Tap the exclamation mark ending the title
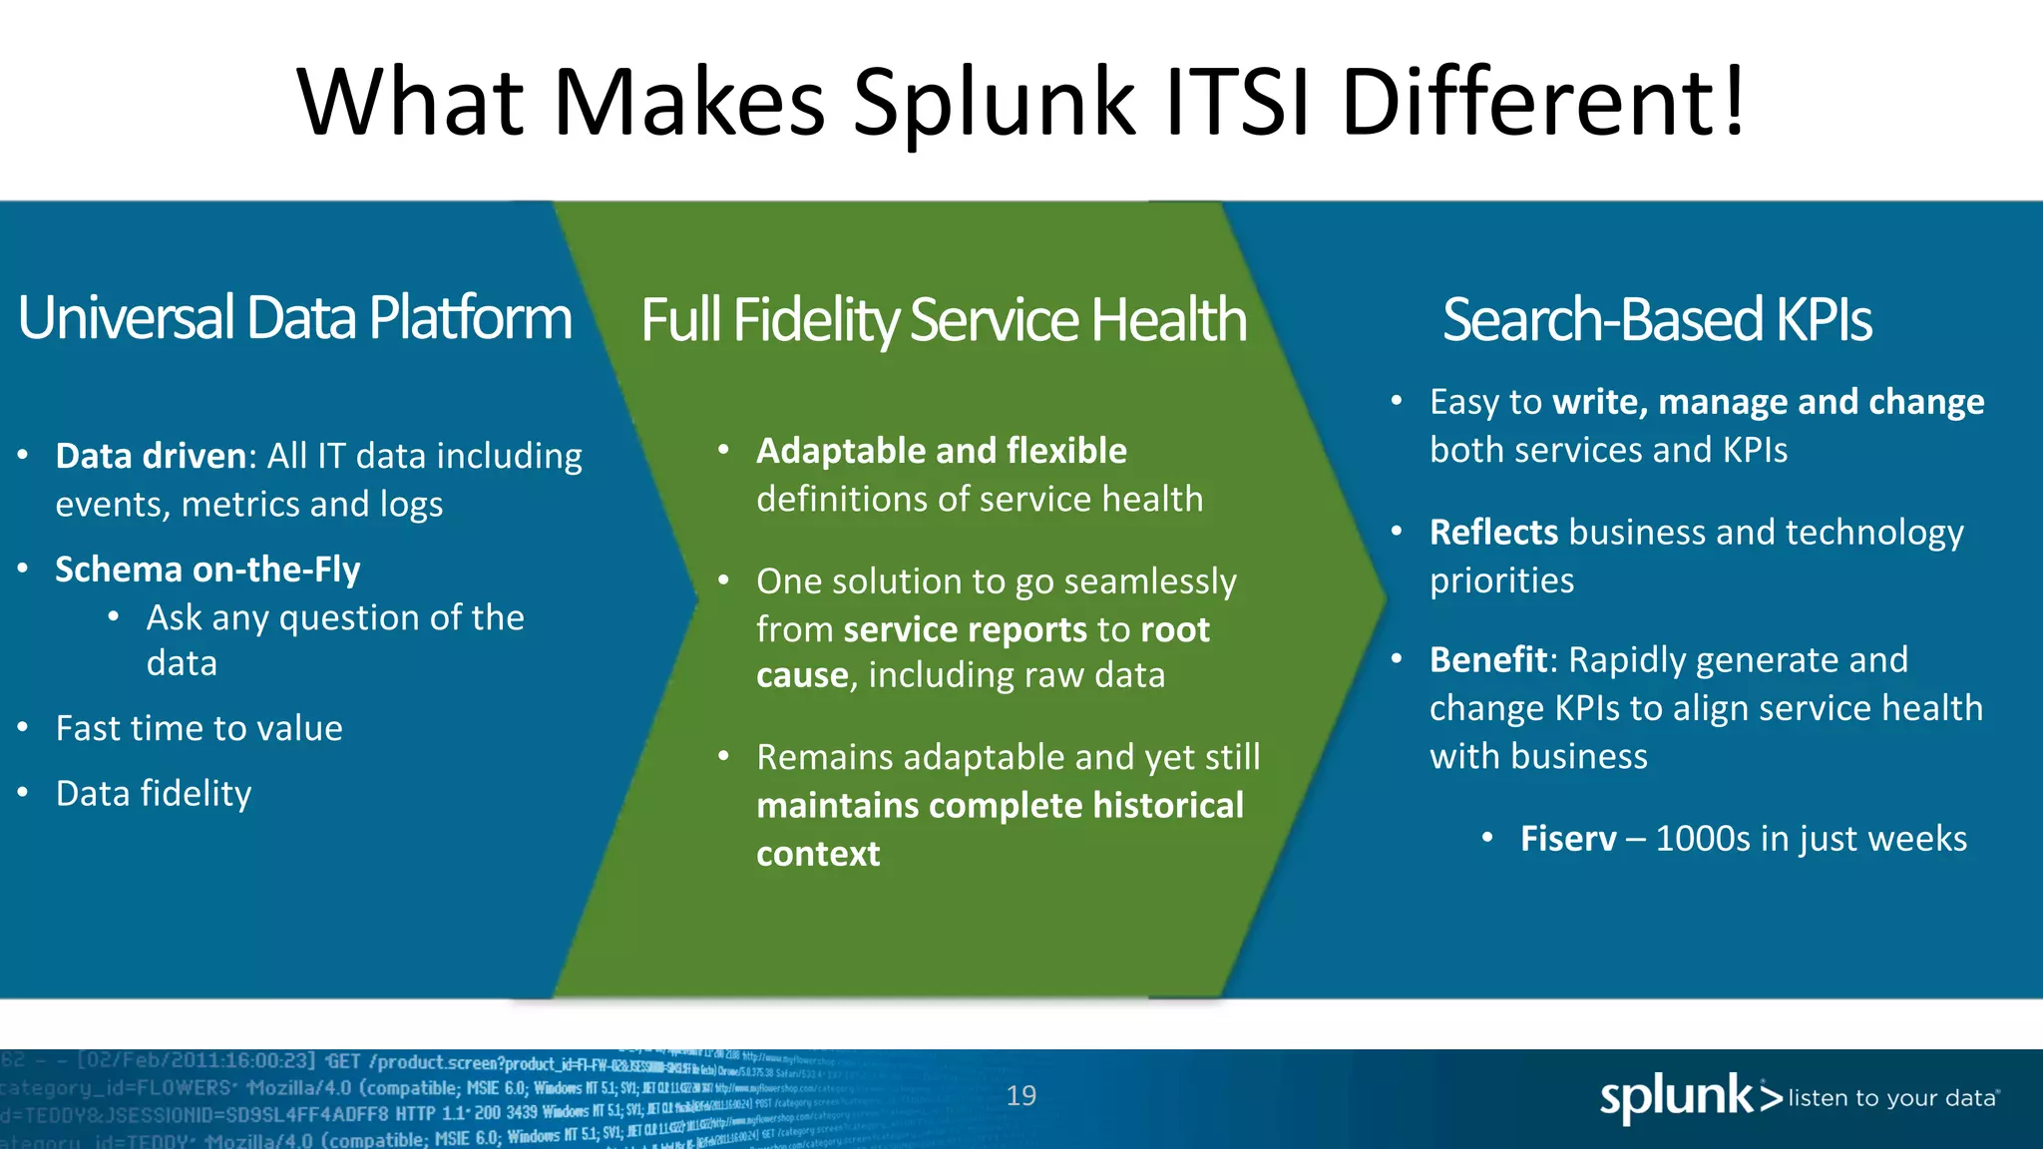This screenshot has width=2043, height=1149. (1734, 102)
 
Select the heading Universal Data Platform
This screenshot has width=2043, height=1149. (294, 318)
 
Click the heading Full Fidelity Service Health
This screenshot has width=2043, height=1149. (943, 320)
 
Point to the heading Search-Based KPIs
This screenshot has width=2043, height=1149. (1656, 320)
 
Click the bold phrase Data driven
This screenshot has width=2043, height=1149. (151, 456)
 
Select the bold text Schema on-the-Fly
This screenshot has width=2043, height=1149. (207, 570)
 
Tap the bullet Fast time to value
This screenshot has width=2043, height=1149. (199, 728)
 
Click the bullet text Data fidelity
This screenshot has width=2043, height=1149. (154, 794)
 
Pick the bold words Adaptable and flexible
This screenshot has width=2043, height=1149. (941, 451)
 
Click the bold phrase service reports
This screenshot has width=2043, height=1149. (965, 630)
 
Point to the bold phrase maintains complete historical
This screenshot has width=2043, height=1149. (1000, 806)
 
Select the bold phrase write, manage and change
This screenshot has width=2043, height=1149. (1768, 402)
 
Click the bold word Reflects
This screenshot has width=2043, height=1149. (1493, 533)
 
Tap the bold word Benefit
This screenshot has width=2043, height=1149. (1488, 660)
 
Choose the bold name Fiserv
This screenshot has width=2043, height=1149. (1567, 839)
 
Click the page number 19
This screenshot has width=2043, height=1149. (1021, 1096)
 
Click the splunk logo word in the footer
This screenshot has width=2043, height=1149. (1676, 1097)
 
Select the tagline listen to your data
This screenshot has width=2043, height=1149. (1891, 1098)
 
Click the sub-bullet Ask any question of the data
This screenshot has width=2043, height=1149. (334, 639)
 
